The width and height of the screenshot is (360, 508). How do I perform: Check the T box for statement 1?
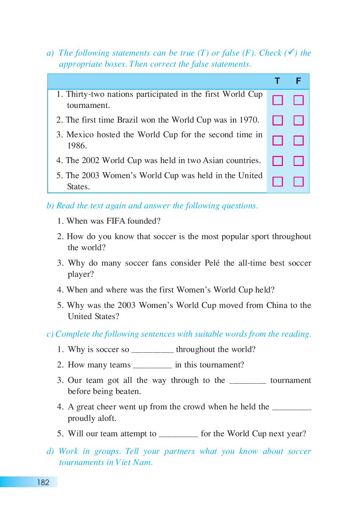click(278, 100)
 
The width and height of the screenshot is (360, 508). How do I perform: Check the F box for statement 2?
click(298, 120)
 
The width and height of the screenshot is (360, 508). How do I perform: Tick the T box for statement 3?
click(278, 141)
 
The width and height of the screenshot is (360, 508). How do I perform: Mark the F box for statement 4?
click(298, 161)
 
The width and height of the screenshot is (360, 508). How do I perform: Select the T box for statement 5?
click(278, 182)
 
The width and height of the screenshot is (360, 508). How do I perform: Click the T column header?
click(277, 81)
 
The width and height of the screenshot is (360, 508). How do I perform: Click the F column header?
click(298, 81)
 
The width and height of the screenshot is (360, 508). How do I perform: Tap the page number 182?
click(43, 482)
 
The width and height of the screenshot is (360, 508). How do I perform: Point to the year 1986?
click(77, 146)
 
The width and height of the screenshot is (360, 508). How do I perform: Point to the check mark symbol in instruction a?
click(291, 52)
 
